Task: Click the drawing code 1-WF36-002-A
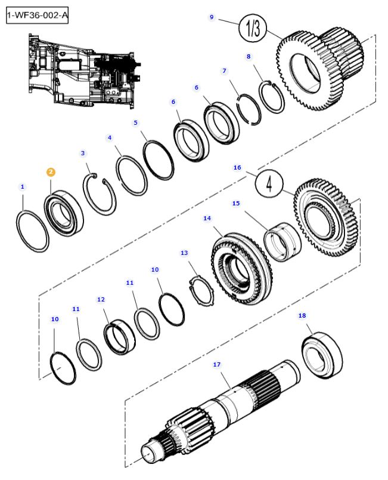(37, 16)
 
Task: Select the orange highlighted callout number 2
(51, 172)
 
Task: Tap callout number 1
(23, 187)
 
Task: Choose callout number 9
(211, 17)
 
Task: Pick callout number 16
(237, 168)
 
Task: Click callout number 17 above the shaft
(216, 364)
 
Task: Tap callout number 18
(302, 315)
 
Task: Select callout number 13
(184, 253)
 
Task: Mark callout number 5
(135, 122)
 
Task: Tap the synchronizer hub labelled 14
(241, 265)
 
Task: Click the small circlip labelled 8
(274, 96)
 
